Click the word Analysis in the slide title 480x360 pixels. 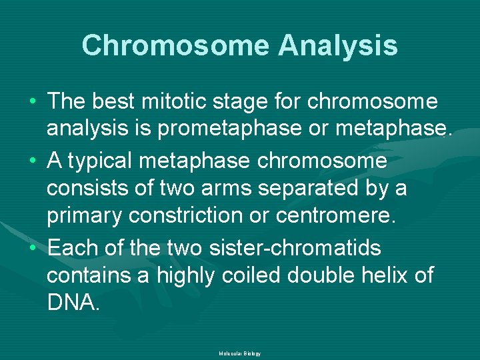click(x=338, y=46)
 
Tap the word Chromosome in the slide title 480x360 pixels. click(x=175, y=46)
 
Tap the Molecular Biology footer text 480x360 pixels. click(x=239, y=353)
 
